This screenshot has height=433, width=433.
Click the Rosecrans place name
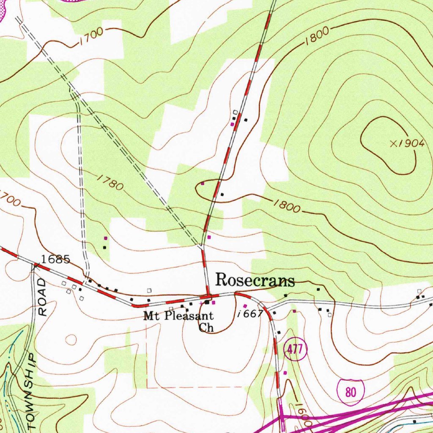click(255, 280)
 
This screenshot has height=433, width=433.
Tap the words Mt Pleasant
click(178, 315)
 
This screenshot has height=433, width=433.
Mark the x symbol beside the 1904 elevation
click(394, 144)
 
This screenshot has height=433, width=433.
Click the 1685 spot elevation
click(55, 259)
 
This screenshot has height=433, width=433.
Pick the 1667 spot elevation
click(251, 313)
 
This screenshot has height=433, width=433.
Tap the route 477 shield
click(294, 349)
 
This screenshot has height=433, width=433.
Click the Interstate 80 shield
click(350, 392)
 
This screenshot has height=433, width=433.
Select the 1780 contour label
click(110, 182)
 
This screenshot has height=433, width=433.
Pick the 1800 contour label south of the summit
click(286, 206)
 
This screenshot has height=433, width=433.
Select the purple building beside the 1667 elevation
click(245, 306)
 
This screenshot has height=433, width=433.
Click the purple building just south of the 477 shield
click(285, 373)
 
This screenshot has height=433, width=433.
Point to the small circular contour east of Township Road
click(71, 339)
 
